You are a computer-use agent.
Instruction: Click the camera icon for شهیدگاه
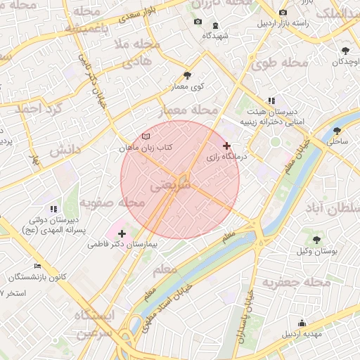198,22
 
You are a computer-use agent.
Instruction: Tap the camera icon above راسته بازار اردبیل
283,13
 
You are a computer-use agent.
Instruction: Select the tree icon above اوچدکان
345,51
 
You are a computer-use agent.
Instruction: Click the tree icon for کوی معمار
186,75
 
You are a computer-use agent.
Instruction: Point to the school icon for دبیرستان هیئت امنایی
271,101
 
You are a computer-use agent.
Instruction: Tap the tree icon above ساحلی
337,130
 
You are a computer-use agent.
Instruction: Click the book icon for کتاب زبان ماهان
146,136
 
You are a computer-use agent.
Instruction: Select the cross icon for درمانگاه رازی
226,146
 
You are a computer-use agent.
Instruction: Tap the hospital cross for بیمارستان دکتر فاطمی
122,233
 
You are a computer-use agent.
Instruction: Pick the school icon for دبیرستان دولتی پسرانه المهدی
53,209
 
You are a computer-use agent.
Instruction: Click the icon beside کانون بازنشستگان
37,266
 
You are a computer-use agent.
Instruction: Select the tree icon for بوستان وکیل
316,240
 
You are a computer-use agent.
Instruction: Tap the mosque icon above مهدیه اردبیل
302,323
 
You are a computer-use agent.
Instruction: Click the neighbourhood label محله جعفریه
296,282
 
